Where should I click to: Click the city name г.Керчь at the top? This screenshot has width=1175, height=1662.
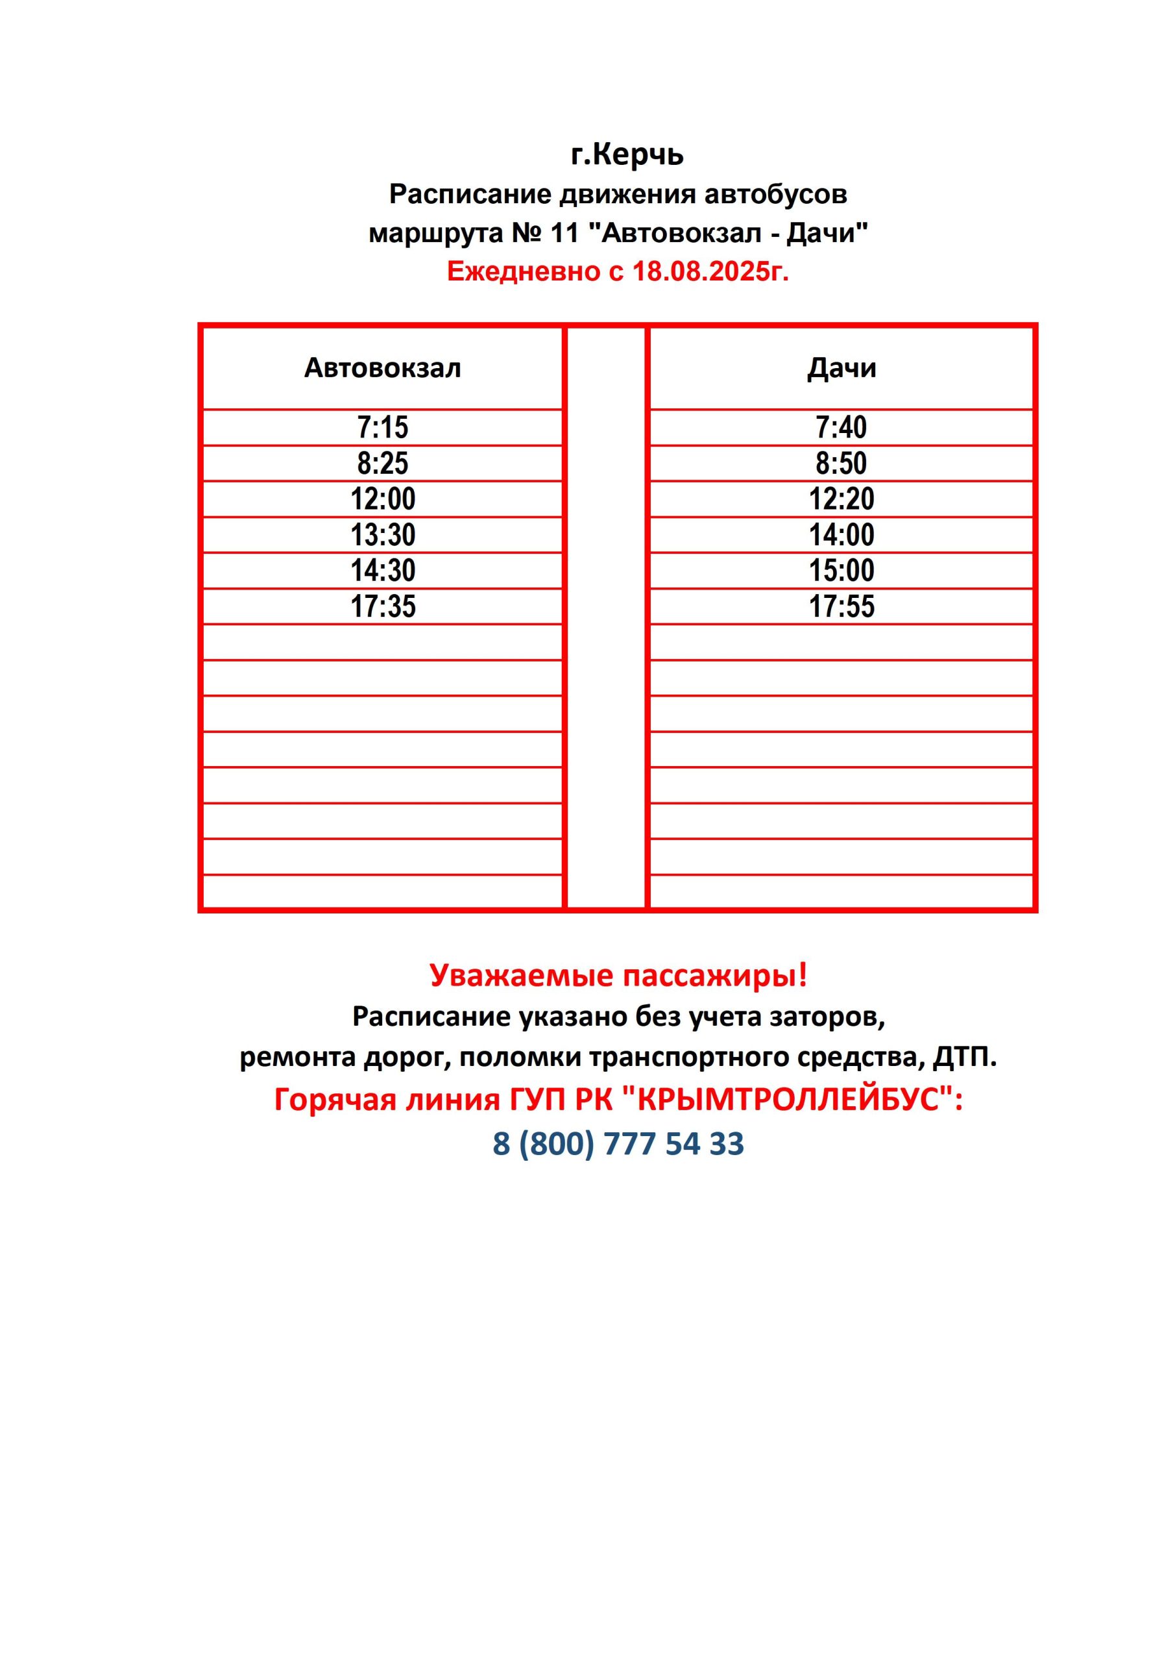(627, 155)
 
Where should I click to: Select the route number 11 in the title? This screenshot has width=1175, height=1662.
(564, 233)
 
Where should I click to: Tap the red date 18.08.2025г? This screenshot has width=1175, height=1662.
(710, 271)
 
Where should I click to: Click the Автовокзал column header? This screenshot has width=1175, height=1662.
(382, 367)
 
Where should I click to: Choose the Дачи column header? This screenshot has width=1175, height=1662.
(842, 367)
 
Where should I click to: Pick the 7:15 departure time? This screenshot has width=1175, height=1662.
(383, 427)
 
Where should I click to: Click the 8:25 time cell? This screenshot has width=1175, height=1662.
(383, 464)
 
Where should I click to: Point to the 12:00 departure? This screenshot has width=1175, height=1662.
(383, 499)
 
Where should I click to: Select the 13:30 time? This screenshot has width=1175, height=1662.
(383, 535)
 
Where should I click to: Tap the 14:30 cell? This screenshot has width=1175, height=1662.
(383, 571)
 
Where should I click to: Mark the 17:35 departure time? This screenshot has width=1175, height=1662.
(383, 606)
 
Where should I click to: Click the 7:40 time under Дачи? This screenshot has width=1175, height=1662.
(841, 427)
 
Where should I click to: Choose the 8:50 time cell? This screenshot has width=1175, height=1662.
(841, 464)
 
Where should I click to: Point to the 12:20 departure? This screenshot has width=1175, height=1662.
(841, 499)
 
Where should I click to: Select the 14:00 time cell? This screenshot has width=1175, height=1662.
(841, 535)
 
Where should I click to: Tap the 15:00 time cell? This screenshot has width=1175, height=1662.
(841, 571)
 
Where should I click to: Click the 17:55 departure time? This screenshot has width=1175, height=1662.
(841, 606)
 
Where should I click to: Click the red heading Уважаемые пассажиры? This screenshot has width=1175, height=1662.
(618, 975)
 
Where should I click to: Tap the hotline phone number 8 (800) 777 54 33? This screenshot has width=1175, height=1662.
(618, 1145)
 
